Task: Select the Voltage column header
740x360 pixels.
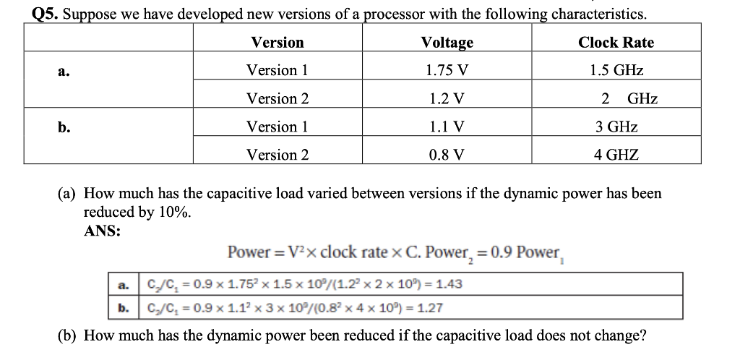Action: click(x=447, y=42)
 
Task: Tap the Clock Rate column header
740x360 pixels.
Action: click(x=616, y=42)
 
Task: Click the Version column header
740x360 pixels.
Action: click(x=277, y=42)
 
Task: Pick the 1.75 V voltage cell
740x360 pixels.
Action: click(x=447, y=70)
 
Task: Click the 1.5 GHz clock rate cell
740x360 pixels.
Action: click(x=616, y=70)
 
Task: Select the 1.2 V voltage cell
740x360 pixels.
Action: click(x=447, y=98)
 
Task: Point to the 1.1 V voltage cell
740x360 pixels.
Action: click(x=447, y=127)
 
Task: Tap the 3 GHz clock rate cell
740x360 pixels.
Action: click(x=616, y=127)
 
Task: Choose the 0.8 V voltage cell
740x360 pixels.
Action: click(x=447, y=155)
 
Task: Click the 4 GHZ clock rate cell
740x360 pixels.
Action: click(x=616, y=155)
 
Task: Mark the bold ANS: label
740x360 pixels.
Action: click(x=103, y=231)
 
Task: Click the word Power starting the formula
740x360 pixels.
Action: click(x=249, y=253)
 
